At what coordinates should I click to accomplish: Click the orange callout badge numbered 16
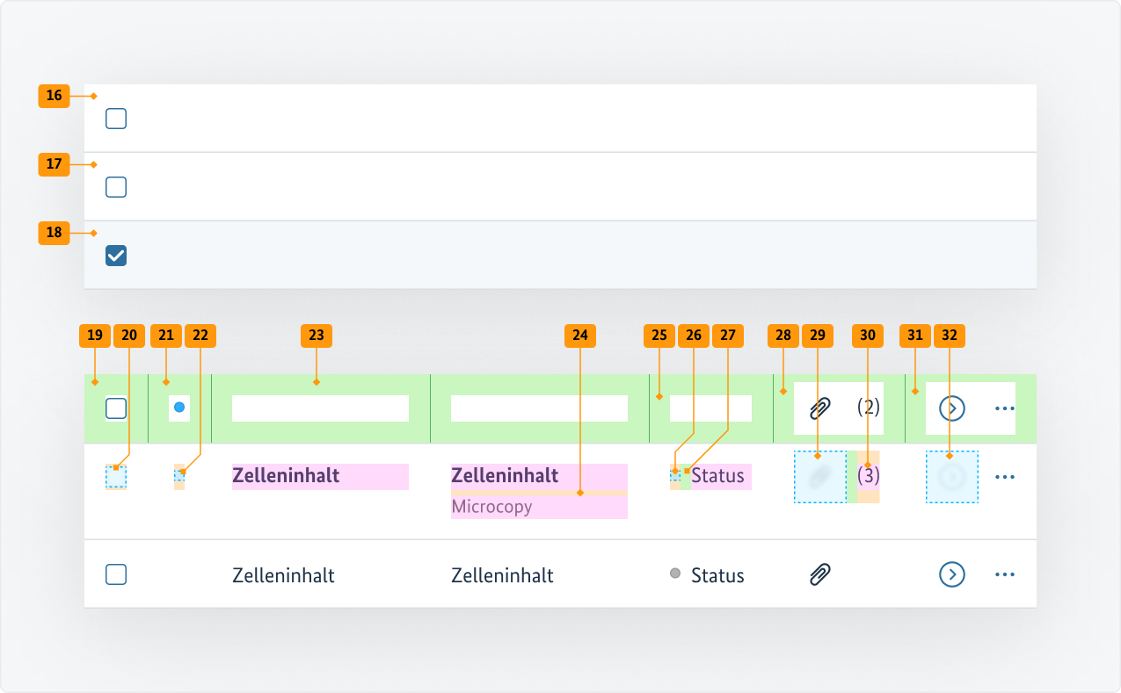click(x=54, y=96)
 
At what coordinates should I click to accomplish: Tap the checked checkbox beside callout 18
click(x=116, y=256)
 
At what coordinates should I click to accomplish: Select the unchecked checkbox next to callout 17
click(x=116, y=187)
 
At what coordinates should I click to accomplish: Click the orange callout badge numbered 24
click(x=580, y=335)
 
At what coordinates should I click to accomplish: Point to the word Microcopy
click(x=491, y=507)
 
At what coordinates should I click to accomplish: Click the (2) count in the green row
click(x=869, y=408)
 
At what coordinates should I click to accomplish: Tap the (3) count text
click(x=869, y=476)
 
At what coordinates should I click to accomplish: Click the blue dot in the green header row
click(x=179, y=408)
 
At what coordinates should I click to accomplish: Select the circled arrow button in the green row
click(x=952, y=408)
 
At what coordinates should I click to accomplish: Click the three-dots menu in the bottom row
click(x=1005, y=574)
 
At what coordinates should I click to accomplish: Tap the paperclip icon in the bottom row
click(x=819, y=574)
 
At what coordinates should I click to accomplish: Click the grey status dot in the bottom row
click(x=675, y=574)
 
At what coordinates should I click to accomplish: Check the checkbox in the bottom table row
click(x=116, y=574)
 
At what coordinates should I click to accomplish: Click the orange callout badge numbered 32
click(x=950, y=335)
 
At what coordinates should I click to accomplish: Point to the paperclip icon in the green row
click(x=819, y=408)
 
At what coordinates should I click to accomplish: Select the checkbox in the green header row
click(x=116, y=408)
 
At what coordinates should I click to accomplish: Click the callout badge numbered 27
click(x=728, y=335)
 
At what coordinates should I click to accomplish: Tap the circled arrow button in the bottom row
click(x=952, y=574)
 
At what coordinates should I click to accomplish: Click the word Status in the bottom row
click(x=717, y=575)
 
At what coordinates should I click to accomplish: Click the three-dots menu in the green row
click(x=1005, y=408)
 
